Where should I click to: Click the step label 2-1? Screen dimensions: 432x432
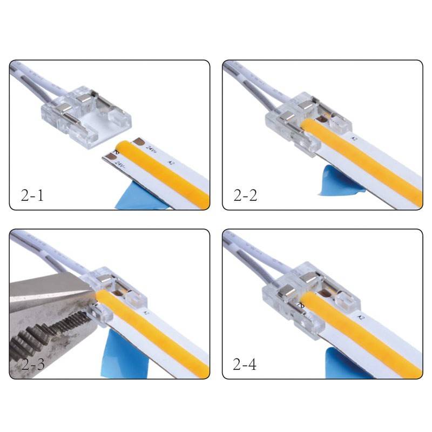pos(31,194)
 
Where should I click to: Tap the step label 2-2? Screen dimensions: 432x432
pos(245,194)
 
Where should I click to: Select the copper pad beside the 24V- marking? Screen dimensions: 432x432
pos(112,156)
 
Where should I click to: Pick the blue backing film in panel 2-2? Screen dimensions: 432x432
pos(332,181)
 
